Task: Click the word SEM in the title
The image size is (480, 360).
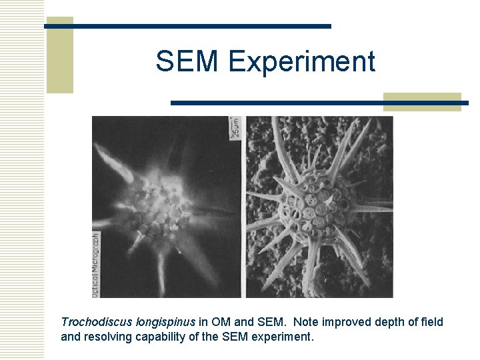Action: (188, 62)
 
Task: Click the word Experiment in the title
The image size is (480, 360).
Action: (301, 62)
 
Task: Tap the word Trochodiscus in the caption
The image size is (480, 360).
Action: (97, 322)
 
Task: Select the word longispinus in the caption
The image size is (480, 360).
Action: (165, 322)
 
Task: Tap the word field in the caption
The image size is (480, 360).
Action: (431, 322)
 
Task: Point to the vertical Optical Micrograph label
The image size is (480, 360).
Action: (97, 263)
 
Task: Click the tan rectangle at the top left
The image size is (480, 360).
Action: (59, 55)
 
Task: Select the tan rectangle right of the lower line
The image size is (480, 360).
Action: (422, 101)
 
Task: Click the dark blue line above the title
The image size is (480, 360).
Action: (188, 26)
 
